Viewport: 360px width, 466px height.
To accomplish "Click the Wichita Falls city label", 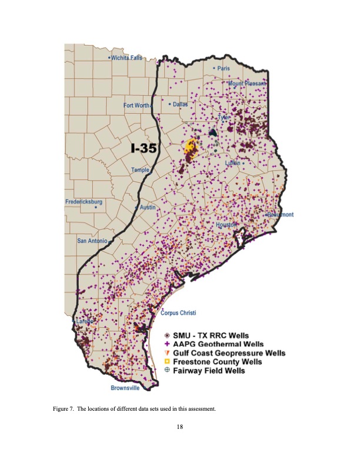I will [128, 58].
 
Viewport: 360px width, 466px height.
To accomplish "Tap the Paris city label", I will [223, 68].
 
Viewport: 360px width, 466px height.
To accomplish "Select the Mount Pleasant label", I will [248, 84].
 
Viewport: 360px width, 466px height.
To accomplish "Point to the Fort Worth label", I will [137, 105].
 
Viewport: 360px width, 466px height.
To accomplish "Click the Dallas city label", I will [179, 104].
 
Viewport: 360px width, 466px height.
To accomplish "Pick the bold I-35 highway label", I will [143, 148].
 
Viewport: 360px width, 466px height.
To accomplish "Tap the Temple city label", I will [140, 169].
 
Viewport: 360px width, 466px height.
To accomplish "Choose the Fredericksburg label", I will [84, 202].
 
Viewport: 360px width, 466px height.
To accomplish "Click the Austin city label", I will [147, 208].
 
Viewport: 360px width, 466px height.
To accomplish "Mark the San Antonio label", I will [93, 241].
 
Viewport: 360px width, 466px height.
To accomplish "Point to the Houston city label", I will [226, 225].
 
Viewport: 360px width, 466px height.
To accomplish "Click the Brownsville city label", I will [125, 388].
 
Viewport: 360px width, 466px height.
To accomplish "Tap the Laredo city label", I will [82, 322].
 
